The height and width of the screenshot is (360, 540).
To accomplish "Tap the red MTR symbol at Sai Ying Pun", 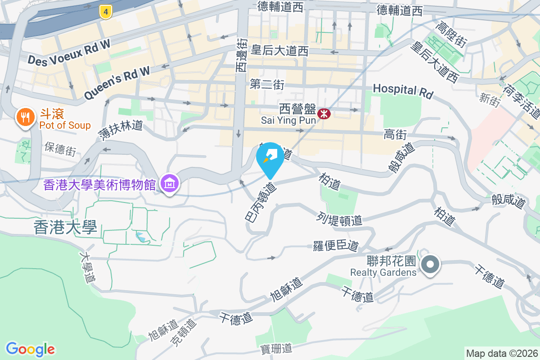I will pos(324,114).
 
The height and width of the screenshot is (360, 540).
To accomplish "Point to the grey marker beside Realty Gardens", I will pos(431,264).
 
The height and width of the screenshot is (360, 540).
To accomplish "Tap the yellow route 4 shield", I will pos(105,12).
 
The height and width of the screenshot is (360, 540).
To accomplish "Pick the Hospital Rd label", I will pos(403,90).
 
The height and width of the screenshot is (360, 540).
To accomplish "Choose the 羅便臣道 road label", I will pos(336,246).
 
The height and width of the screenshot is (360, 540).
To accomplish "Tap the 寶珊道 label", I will pos(276,348).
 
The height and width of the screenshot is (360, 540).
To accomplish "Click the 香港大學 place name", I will pos(65,228).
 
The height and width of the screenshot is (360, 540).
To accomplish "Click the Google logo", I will pos(30,349).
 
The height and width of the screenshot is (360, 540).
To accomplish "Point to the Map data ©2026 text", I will pos(501,353).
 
